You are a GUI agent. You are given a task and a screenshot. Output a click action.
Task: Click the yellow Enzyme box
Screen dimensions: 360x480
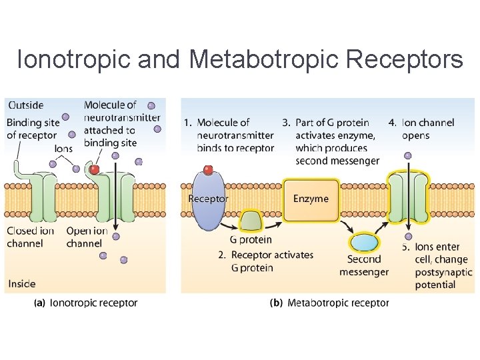pos(311,199)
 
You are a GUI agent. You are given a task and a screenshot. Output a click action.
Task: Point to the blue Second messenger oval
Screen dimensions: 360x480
pos(364,242)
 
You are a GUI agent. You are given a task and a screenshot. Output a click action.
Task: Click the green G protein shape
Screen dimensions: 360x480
pos(251,221)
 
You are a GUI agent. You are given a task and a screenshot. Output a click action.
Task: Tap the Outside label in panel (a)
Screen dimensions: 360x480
pos(25,105)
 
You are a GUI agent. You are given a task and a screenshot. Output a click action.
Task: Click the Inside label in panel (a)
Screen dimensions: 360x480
pos(22,284)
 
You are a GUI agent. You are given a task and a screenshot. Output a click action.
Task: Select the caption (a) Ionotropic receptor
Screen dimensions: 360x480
pos(85,303)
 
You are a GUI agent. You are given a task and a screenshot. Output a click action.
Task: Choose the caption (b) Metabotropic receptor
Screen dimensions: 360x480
pos(329,303)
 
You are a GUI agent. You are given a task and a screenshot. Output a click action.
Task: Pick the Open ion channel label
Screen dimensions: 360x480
pos(87,237)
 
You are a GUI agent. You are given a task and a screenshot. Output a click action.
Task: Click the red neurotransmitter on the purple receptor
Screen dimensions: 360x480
pos(208,170)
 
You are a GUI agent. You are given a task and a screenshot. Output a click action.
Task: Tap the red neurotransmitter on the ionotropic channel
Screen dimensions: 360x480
pos(95,169)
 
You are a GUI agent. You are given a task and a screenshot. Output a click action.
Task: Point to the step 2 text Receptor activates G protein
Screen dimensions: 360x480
pos(265,261)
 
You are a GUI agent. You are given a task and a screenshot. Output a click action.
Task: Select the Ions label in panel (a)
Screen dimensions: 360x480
pos(64,149)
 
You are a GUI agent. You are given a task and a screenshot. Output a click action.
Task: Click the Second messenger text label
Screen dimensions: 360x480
pos(364,265)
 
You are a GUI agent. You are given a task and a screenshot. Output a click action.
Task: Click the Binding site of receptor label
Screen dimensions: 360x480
pos(31,129)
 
